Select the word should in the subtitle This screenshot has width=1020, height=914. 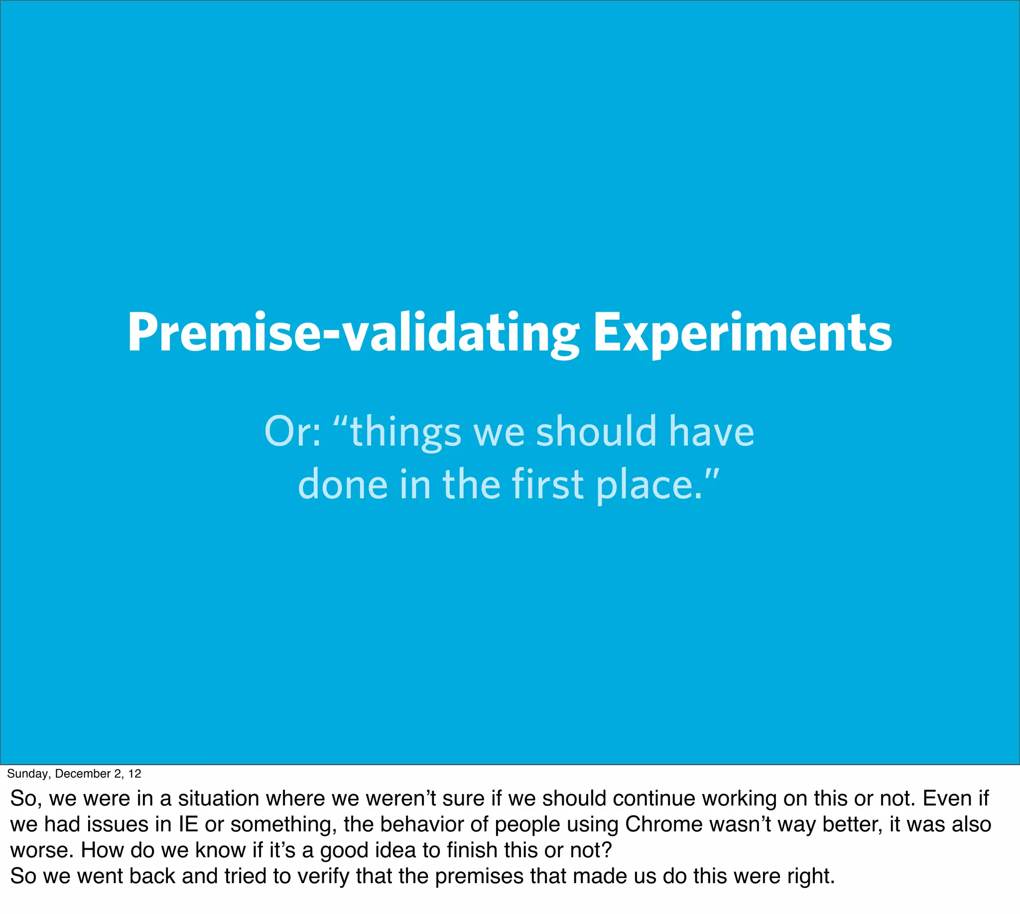(x=596, y=432)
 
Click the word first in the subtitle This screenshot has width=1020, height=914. (x=548, y=484)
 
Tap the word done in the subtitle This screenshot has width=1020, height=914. (x=343, y=484)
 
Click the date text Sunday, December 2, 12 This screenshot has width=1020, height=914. (x=74, y=774)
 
